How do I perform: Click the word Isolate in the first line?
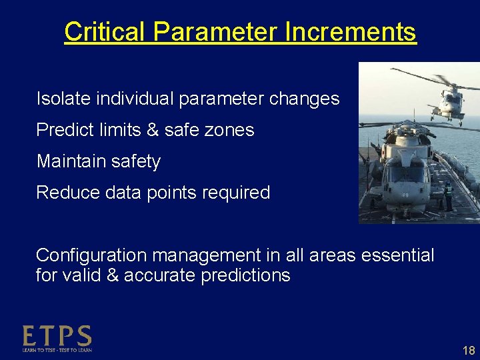63,99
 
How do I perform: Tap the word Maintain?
69,161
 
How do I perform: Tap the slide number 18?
468,350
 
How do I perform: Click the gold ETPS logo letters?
57,335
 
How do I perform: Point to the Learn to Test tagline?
57,349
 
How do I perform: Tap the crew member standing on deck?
448,196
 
